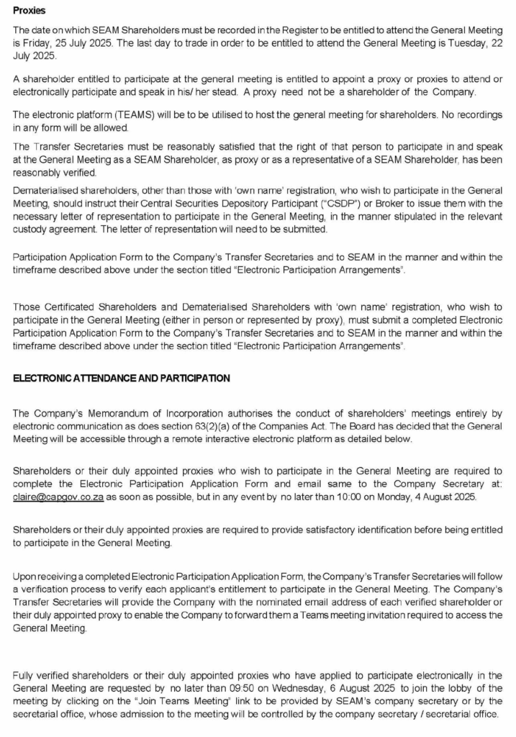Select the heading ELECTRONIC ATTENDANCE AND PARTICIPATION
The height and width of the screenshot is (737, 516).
[122, 378]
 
